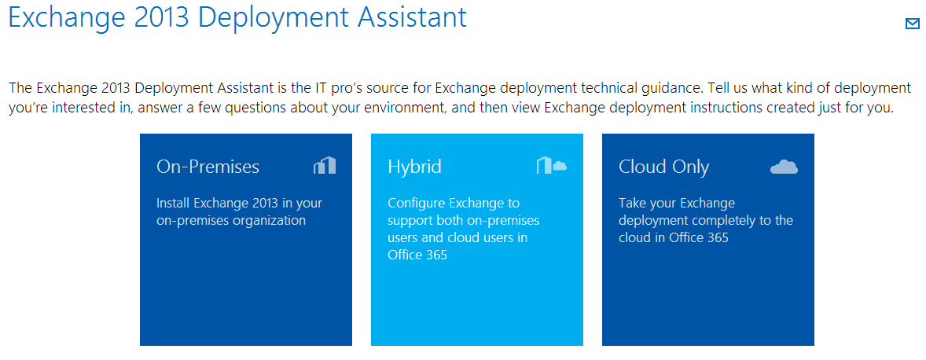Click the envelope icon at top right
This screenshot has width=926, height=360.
(x=913, y=24)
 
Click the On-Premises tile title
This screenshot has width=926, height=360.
(x=208, y=167)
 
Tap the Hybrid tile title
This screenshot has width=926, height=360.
(x=414, y=167)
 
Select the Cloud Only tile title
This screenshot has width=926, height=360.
(x=663, y=167)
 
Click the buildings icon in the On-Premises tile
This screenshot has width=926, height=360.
(x=324, y=166)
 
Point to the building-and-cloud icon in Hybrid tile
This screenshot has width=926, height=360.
(x=552, y=166)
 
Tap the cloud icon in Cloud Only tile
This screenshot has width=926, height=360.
(x=784, y=167)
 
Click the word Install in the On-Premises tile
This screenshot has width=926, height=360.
(x=174, y=203)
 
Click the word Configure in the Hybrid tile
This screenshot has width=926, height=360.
(x=417, y=203)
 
